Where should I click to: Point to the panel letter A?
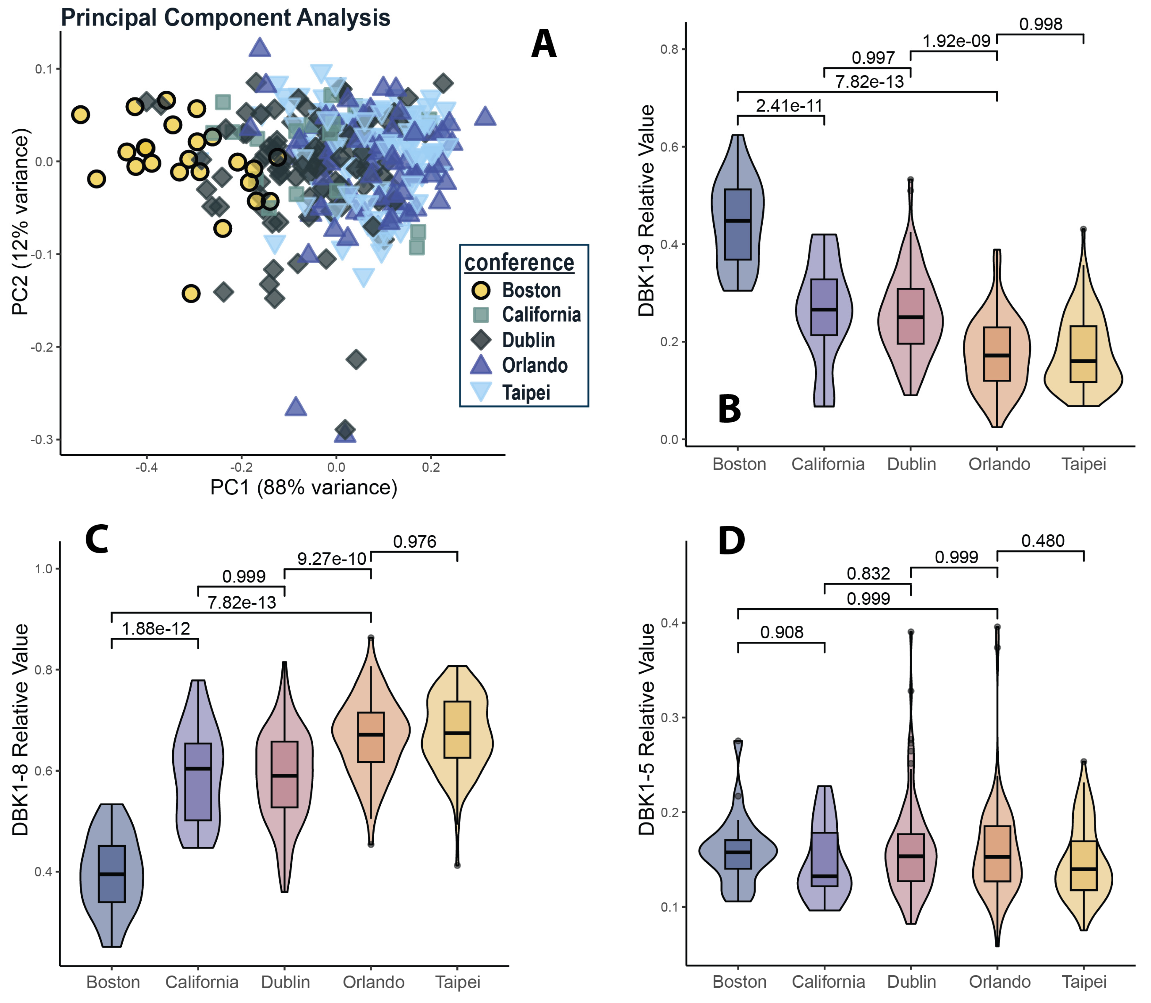pyautogui.click(x=543, y=45)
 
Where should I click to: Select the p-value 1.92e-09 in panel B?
pyautogui.click(x=956, y=41)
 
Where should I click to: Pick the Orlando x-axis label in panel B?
pyautogui.click(x=999, y=464)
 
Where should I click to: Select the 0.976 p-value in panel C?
pyautogui.click(x=414, y=541)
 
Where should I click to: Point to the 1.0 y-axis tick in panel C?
pyautogui.click(x=43, y=569)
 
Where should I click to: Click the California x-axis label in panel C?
pyautogui.click(x=201, y=982)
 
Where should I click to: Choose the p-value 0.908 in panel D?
pyautogui.click(x=782, y=632)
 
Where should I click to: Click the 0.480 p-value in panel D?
pyautogui.click(x=1042, y=541)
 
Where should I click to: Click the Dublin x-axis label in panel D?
pyautogui.click(x=911, y=982)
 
